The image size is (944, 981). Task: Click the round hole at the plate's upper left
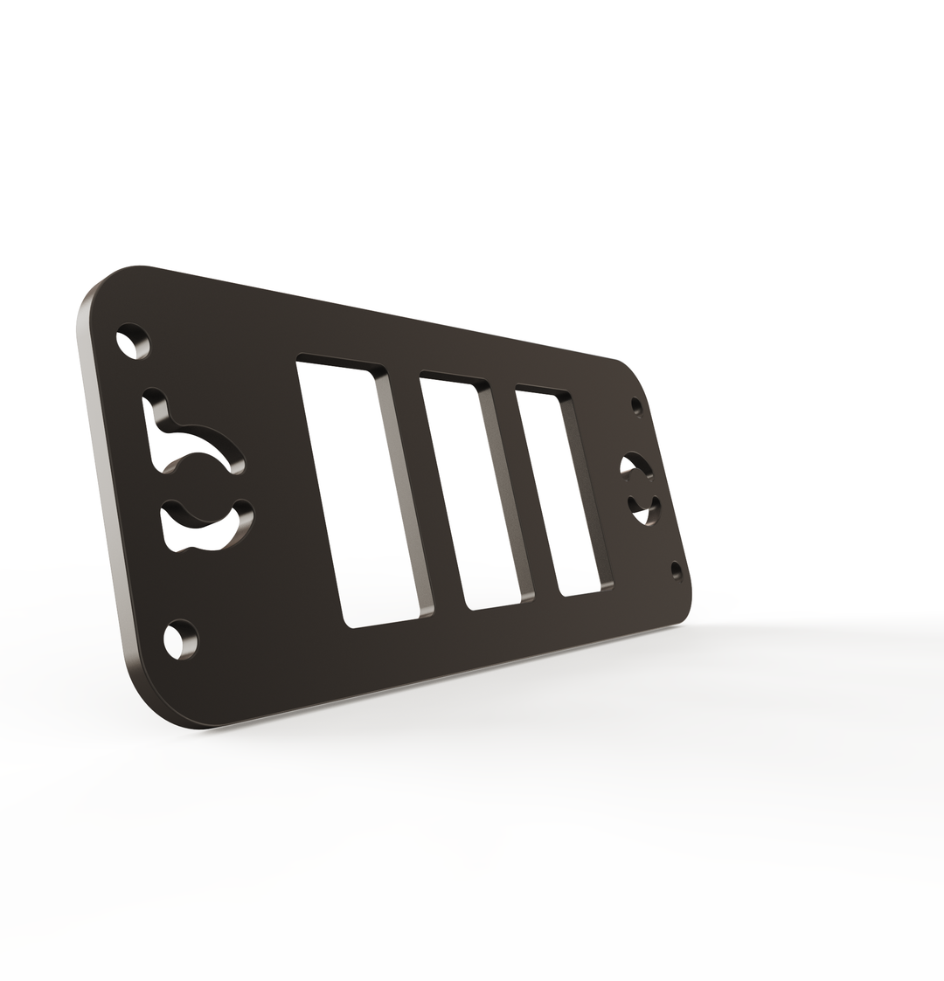coord(132,342)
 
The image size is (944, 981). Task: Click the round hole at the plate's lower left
coord(180,640)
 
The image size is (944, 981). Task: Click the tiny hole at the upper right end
coord(636,406)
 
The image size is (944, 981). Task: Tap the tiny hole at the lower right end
coord(676,570)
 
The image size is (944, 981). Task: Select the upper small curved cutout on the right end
coord(635,465)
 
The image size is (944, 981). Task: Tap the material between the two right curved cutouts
coord(641,487)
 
